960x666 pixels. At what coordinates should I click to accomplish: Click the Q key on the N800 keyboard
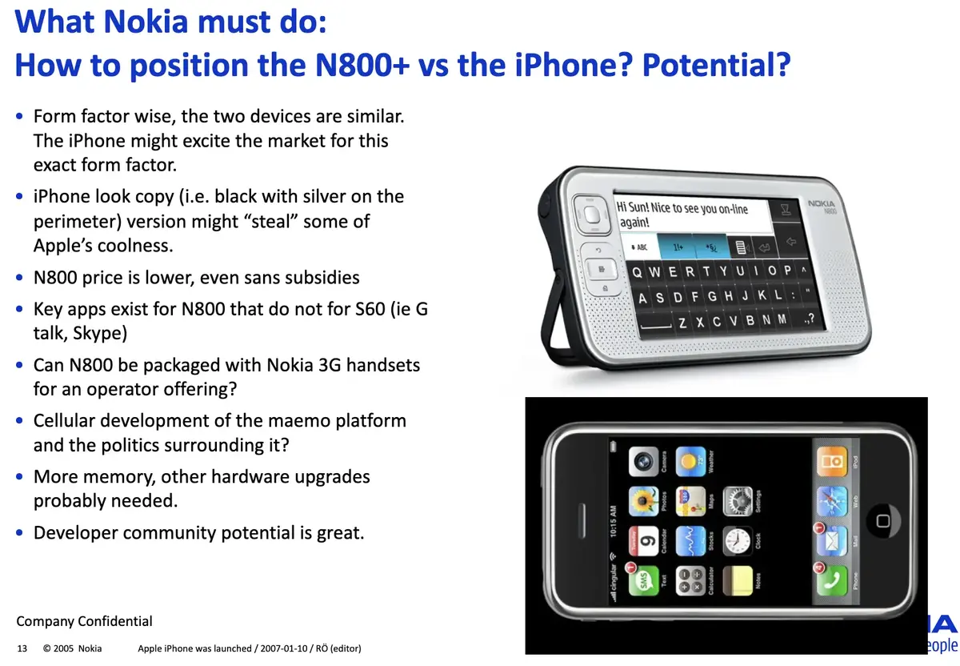tap(637, 272)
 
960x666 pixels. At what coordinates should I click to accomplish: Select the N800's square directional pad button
tap(592, 215)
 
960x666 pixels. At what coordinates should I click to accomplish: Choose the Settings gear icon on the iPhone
tap(738, 501)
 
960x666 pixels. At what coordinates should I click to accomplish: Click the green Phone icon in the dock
tap(831, 580)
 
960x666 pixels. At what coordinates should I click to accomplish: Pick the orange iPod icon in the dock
tap(831, 461)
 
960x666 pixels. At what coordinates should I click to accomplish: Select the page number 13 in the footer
tap(22, 648)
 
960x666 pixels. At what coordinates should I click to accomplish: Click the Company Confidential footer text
tap(84, 621)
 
